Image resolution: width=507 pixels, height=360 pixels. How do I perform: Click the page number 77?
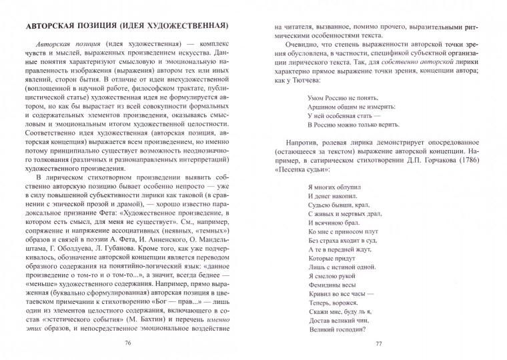click(x=378, y=343)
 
